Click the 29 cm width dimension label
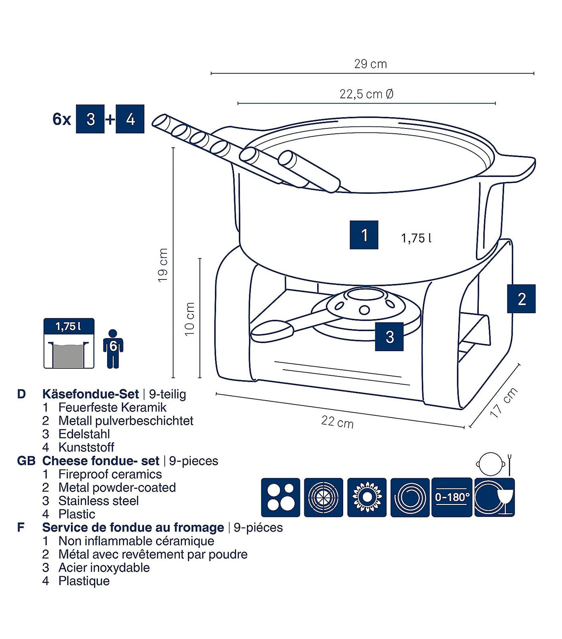[370, 64]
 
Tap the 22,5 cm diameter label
[366, 94]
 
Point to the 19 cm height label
[163, 265]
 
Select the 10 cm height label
[189, 319]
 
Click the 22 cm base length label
[337, 422]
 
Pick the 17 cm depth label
[504, 403]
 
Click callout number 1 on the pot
[364, 235]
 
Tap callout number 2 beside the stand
[521, 299]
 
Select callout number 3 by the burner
[389, 337]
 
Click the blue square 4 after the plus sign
[130, 119]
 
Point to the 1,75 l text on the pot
[416, 238]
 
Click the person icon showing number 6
[113, 348]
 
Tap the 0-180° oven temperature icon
[452, 497]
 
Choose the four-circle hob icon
[280, 497]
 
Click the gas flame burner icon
[366, 497]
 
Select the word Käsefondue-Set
[90, 394]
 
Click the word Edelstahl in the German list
[84, 434]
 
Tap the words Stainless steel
[98, 501]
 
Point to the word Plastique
[84, 581]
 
